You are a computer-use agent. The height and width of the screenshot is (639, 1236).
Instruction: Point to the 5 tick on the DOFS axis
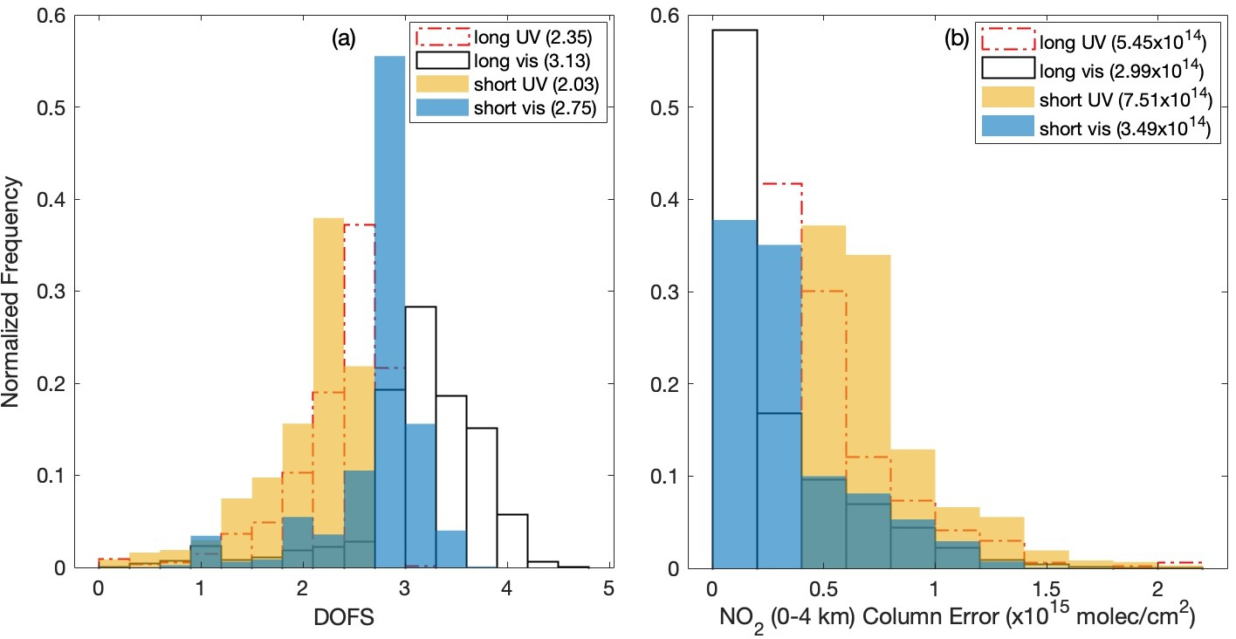tap(608, 589)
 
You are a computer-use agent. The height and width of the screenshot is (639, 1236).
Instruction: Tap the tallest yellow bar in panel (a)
tap(328, 393)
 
